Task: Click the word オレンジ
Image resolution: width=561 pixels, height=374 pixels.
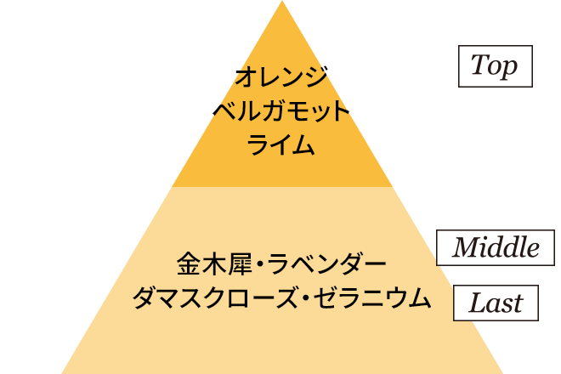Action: point(281,76)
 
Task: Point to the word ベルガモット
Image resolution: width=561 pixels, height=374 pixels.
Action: point(281,111)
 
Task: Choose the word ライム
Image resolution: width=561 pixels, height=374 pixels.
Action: point(280,145)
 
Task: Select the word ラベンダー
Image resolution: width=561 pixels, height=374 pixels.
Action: point(326,263)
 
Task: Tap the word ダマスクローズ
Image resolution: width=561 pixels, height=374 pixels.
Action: point(215,297)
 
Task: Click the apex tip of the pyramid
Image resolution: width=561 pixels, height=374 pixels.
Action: point(282,1)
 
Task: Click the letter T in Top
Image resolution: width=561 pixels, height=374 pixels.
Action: point(479,64)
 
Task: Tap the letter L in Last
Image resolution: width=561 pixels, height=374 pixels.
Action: point(478,303)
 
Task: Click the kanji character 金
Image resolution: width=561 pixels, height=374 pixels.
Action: point(189,263)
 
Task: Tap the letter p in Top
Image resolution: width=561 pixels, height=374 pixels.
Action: point(510,69)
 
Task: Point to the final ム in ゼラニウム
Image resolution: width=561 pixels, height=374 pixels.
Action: point(420,297)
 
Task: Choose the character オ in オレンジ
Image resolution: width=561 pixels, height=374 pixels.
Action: point(246,76)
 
